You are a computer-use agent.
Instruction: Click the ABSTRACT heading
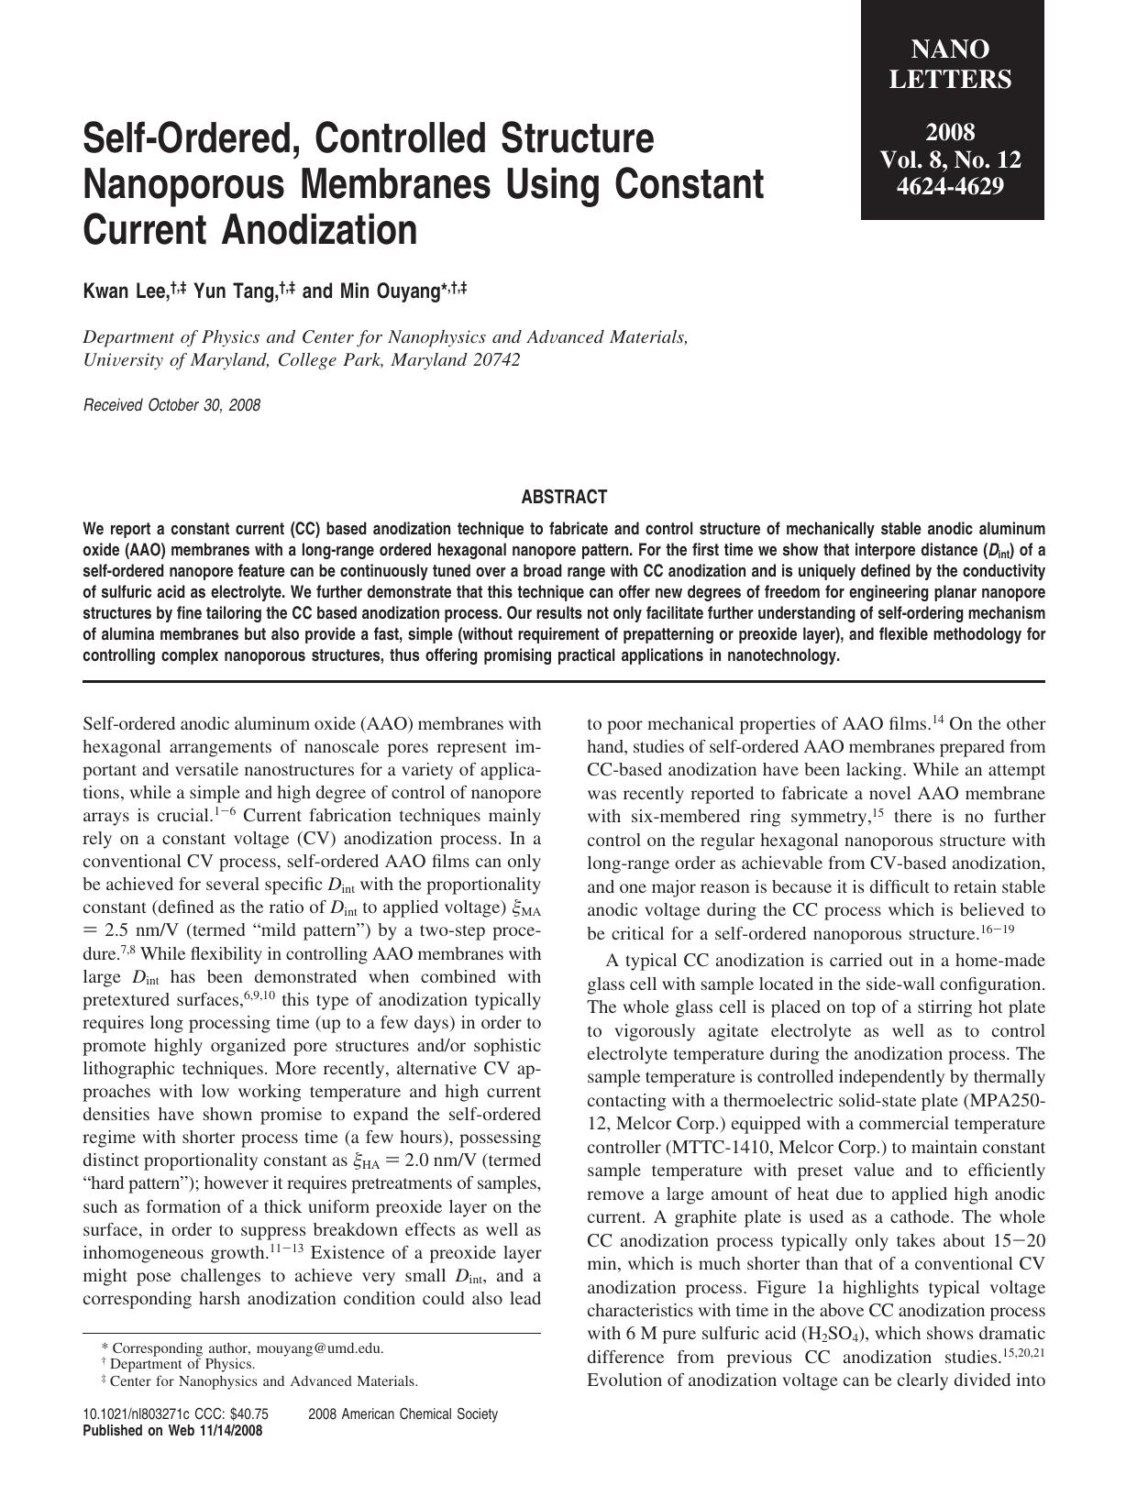point(564,498)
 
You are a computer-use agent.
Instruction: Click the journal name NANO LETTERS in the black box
point(951,64)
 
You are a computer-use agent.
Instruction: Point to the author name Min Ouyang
point(377,292)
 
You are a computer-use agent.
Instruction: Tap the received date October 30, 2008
point(204,405)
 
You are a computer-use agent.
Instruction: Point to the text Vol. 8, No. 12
point(951,159)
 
